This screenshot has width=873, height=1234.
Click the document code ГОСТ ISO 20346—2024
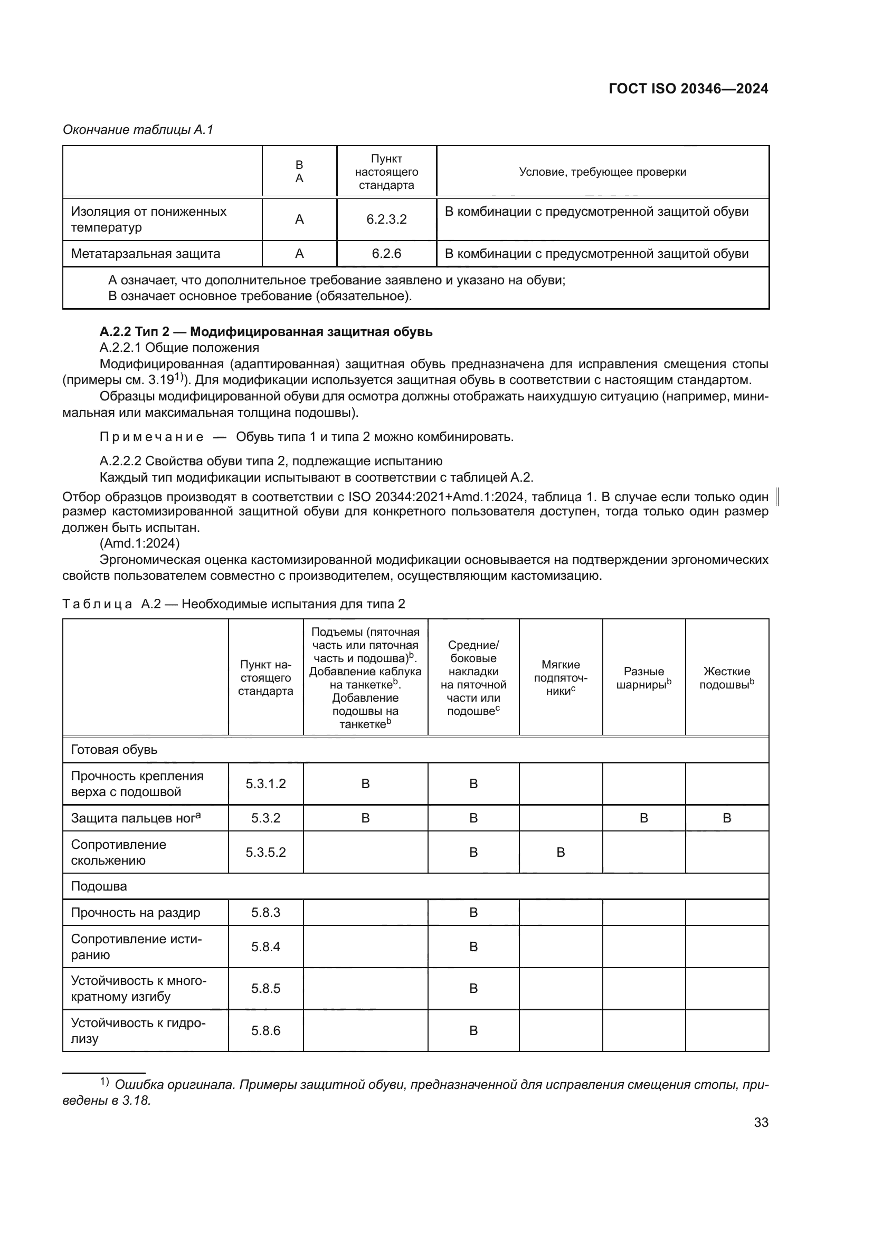(x=688, y=89)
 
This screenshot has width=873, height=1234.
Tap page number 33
(x=761, y=1122)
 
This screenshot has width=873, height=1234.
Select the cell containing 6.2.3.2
(x=386, y=219)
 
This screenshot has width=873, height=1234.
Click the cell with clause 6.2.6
(x=386, y=254)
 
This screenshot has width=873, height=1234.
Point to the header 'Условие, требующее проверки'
(x=602, y=172)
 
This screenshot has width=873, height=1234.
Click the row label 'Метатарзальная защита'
(x=145, y=254)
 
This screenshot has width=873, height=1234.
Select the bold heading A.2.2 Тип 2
(x=265, y=332)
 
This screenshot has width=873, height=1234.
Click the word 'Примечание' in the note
(x=151, y=437)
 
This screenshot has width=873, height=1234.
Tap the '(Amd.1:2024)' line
(x=140, y=543)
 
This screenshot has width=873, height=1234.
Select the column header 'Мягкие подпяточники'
(x=560, y=678)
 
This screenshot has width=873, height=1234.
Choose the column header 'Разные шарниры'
(x=643, y=678)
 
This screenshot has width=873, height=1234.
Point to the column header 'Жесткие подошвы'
(x=726, y=678)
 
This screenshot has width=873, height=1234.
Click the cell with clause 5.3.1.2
(x=265, y=783)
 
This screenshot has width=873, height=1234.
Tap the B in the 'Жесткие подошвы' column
(x=727, y=818)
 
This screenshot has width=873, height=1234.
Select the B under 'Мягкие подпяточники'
(x=560, y=853)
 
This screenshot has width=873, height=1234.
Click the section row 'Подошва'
(x=99, y=886)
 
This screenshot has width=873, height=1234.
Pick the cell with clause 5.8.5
(x=265, y=988)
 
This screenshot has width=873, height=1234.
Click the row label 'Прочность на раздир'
(x=136, y=913)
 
